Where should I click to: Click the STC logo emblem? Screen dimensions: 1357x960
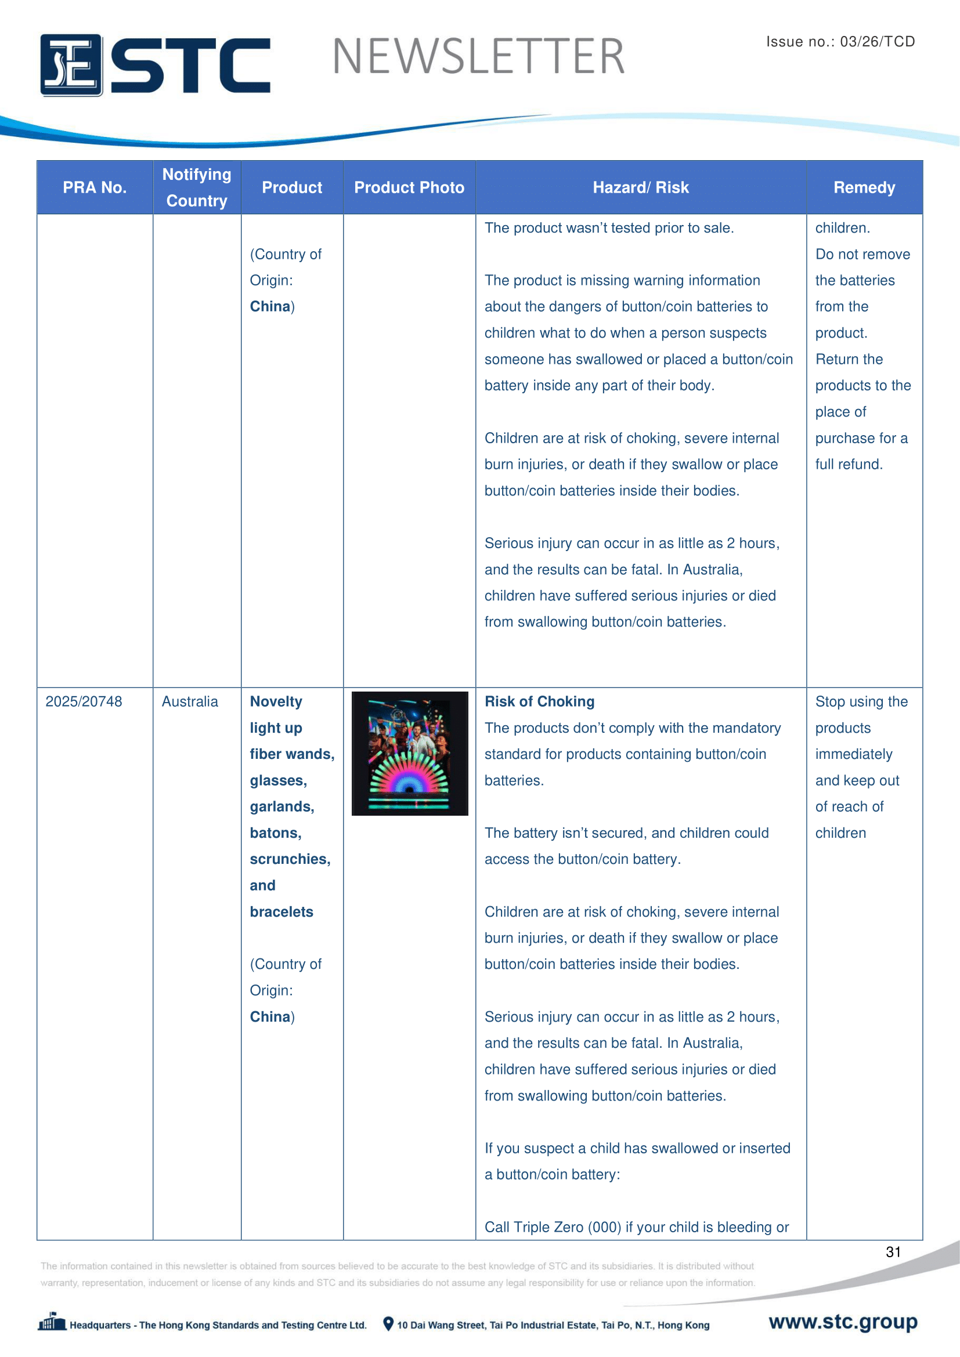pyautogui.click(x=71, y=65)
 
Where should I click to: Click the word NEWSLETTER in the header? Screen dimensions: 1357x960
pyautogui.click(x=478, y=57)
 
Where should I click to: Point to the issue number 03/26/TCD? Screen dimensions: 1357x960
pyautogui.click(x=876, y=41)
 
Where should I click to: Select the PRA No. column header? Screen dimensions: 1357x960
pyautogui.click(x=95, y=187)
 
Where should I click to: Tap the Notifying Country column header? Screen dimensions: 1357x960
pyautogui.click(x=197, y=187)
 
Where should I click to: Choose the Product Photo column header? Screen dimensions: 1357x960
pyautogui.click(x=409, y=187)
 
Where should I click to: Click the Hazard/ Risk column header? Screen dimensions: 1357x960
pyautogui.click(x=641, y=187)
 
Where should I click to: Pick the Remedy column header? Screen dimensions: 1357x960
pyautogui.click(x=864, y=187)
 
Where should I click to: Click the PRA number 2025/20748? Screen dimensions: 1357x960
pyautogui.click(x=84, y=701)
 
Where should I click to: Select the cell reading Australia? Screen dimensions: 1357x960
pyautogui.click(x=190, y=701)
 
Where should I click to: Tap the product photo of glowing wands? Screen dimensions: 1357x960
pyautogui.click(x=410, y=754)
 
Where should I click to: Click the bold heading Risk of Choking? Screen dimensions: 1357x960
pyautogui.click(x=539, y=701)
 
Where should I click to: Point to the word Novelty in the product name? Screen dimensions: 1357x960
pyautogui.click(x=276, y=701)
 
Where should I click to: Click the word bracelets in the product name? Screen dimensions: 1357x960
pyautogui.click(x=281, y=912)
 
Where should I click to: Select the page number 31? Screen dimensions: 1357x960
pyautogui.click(x=893, y=1252)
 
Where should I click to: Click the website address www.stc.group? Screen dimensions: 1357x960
pyautogui.click(x=842, y=1322)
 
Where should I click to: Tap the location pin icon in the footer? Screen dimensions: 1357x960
pyautogui.click(x=388, y=1324)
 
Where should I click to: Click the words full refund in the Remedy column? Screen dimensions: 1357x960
pyautogui.click(x=849, y=465)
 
